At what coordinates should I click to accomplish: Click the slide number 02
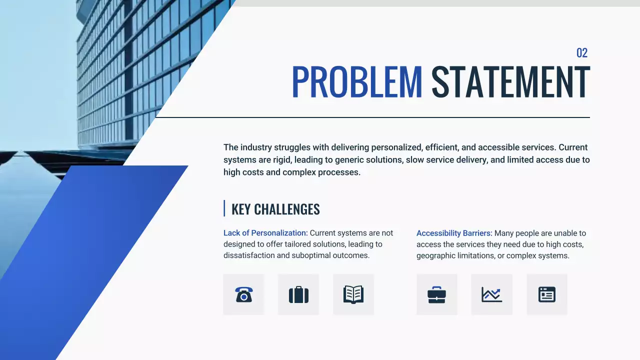(581, 53)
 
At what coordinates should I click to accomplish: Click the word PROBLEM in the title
(357, 82)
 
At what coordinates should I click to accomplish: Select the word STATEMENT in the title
(510, 82)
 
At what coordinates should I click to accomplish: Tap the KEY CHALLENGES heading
(275, 209)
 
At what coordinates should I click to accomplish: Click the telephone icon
(243, 294)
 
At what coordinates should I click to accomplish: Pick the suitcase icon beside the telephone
(298, 294)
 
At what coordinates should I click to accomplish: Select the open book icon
(353, 294)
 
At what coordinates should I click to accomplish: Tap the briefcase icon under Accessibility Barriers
(436, 294)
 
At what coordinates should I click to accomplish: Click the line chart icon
(491, 294)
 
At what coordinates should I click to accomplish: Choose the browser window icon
(547, 294)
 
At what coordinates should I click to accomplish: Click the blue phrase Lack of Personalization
(265, 233)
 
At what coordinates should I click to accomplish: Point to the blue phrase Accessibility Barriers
(454, 233)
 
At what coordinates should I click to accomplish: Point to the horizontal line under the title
(372, 117)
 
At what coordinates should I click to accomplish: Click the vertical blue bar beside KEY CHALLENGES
(224, 208)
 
